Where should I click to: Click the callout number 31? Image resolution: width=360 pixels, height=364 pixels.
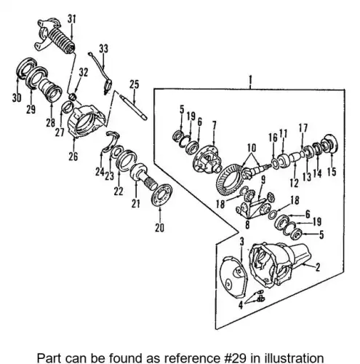(x=71, y=19)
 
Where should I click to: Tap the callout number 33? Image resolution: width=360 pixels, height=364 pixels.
(x=103, y=49)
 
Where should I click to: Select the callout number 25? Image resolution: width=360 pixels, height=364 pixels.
(x=134, y=84)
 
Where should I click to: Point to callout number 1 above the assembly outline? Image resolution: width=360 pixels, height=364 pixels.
(x=250, y=79)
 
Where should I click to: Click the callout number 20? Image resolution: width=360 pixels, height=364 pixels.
(x=159, y=228)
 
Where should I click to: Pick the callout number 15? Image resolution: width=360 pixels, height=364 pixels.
(x=332, y=172)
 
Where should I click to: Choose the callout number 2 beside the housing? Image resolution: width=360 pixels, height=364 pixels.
(x=318, y=267)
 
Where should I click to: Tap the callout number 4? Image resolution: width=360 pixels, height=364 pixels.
(x=240, y=305)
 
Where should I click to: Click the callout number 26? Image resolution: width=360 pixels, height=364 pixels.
(x=73, y=157)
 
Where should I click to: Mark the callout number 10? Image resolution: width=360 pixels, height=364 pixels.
(x=252, y=148)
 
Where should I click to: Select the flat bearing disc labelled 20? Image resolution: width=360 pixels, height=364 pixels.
(x=161, y=195)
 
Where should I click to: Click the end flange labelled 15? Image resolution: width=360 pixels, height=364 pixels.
(x=330, y=144)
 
